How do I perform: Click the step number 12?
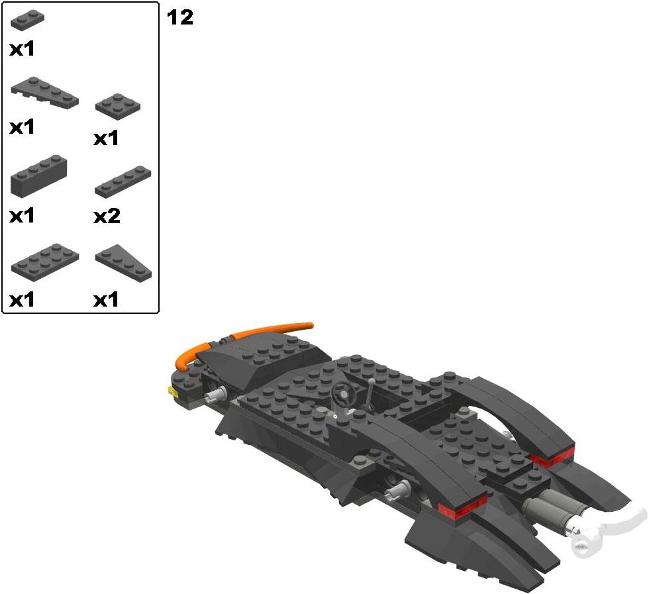(180, 18)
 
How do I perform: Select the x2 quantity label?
(107, 216)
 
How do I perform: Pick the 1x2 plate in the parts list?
(27, 21)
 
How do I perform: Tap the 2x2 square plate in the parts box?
(118, 107)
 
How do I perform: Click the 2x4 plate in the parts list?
(45, 262)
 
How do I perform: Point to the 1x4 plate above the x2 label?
(123, 181)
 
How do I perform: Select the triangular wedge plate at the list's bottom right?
(123, 261)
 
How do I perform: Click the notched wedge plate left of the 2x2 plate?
(45, 93)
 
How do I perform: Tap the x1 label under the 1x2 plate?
(22, 49)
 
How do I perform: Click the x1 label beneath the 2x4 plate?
(22, 300)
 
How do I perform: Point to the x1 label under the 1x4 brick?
(22, 216)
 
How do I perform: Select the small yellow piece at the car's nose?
(172, 391)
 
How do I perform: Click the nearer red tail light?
(463, 506)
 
